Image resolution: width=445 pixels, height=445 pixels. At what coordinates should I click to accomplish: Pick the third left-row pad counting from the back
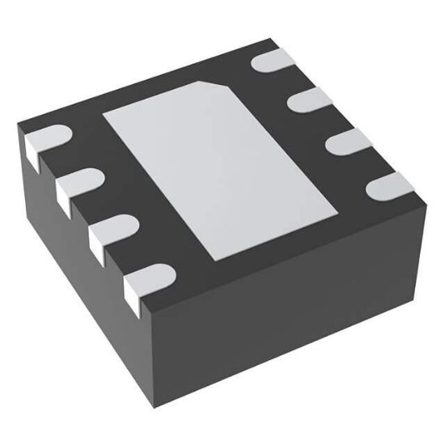click(x=110, y=231)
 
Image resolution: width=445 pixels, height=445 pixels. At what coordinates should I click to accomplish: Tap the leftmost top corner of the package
click(x=18, y=124)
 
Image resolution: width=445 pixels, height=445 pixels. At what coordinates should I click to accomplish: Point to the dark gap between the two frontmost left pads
click(x=121, y=259)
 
